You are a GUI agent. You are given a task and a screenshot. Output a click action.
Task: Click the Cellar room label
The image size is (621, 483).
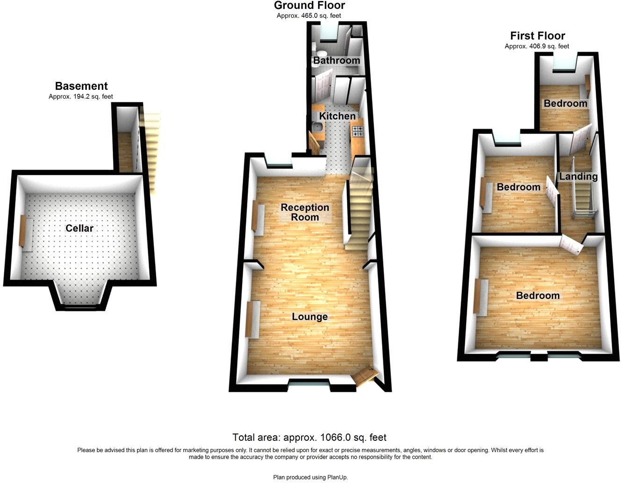[79, 228]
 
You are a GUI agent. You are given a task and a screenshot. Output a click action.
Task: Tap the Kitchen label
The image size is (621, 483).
[337, 116]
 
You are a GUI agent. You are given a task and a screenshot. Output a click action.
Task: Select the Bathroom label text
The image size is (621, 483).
[336, 60]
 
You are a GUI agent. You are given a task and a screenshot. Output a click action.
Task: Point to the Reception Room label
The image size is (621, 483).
[305, 212]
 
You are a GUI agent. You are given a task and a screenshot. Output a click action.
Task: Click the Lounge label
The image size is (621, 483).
[310, 317]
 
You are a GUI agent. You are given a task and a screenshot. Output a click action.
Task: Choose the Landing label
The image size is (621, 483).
[578, 176]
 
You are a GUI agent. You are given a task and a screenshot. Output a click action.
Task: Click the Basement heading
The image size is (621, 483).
[81, 86]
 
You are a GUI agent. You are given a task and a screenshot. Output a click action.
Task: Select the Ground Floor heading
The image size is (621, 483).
[309, 6]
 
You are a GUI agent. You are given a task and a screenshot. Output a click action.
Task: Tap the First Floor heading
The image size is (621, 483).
[537, 36]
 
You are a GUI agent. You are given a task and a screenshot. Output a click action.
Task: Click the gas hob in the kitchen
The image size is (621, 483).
[358, 130]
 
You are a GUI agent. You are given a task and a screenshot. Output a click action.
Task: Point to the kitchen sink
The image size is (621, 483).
[317, 127]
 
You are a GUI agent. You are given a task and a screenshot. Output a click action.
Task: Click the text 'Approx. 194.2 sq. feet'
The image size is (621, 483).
[81, 97]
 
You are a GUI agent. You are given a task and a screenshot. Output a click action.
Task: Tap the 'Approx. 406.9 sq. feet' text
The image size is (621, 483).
[537, 46]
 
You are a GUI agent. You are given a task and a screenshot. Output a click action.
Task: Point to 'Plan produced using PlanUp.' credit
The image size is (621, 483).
[310, 477]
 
